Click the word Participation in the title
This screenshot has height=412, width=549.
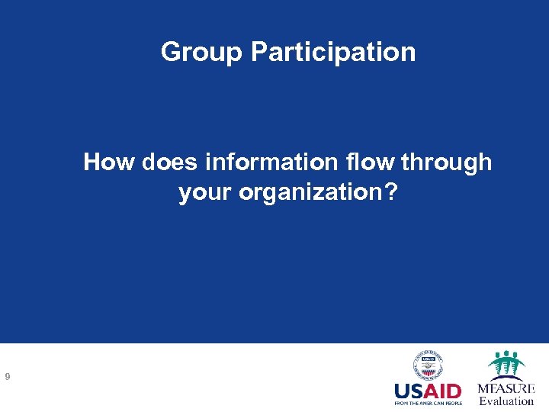pyautogui.click(x=333, y=52)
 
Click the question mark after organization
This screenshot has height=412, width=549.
pyautogui.click(x=391, y=192)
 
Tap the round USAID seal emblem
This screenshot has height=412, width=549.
pyautogui.click(x=429, y=366)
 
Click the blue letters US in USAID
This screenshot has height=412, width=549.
pyautogui.click(x=409, y=392)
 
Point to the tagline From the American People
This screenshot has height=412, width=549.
pyautogui.click(x=428, y=404)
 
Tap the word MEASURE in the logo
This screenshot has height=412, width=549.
pyautogui.click(x=506, y=388)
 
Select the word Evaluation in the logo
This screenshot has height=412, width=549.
pyautogui.click(x=506, y=401)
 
